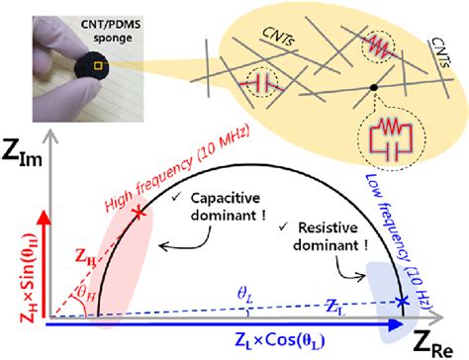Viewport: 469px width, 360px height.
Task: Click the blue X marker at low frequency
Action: tap(402, 301)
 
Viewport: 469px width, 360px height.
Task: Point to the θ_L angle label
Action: tap(244, 290)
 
